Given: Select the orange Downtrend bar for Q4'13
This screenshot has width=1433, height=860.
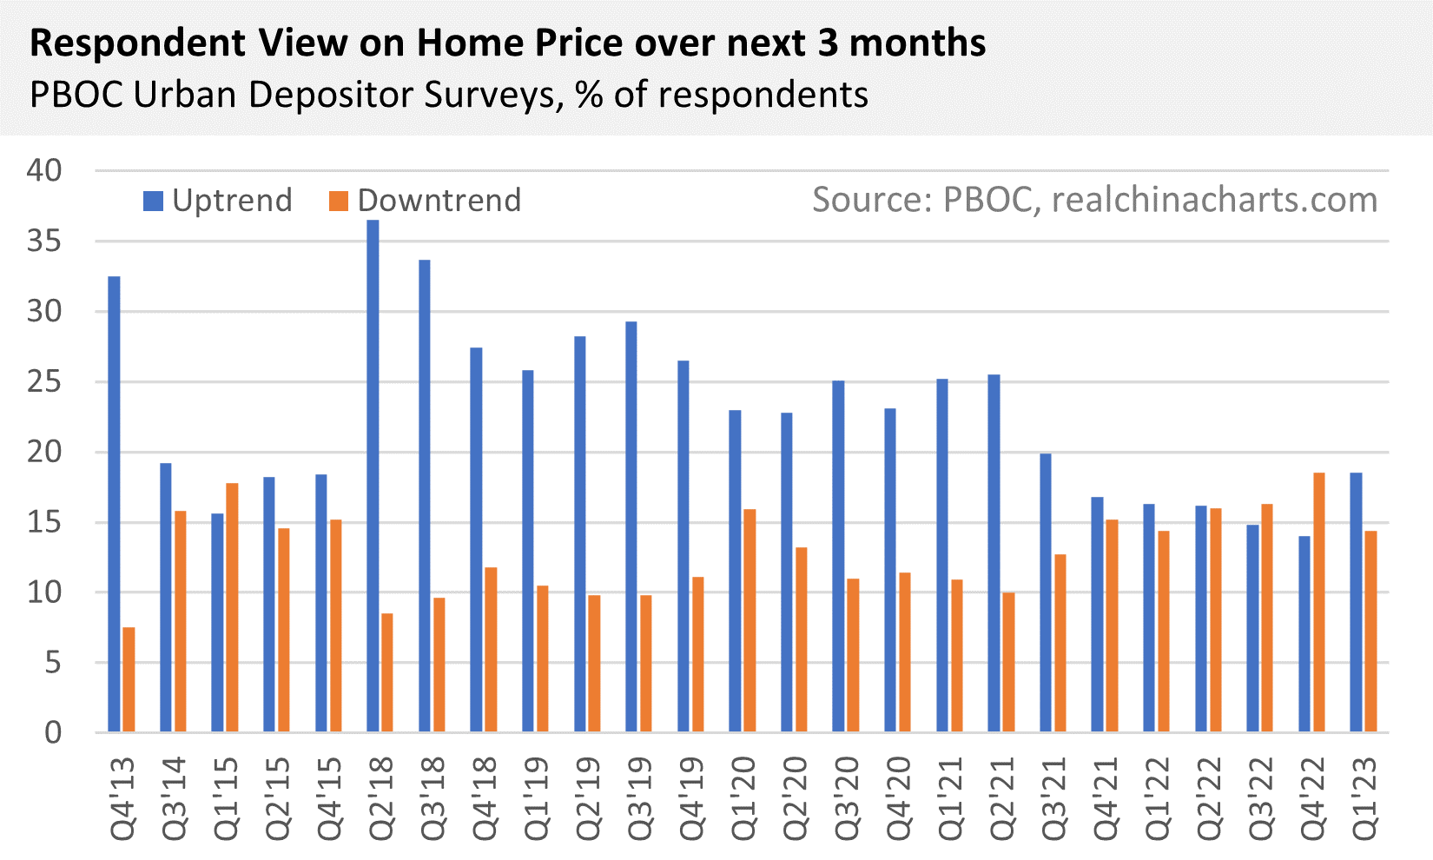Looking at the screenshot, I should pyautogui.click(x=129, y=679).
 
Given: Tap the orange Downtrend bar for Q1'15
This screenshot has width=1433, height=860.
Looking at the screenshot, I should pyautogui.click(x=232, y=607).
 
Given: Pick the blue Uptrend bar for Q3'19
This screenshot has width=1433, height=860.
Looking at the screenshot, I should pyautogui.click(x=631, y=526).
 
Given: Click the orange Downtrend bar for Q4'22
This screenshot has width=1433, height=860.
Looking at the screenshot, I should pyautogui.click(x=1319, y=602).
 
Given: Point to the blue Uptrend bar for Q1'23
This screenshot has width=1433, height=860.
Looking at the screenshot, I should pyautogui.click(x=1356, y=602).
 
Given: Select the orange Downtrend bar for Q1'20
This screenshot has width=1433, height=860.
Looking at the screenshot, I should pyautogui.click(x=750, y=620).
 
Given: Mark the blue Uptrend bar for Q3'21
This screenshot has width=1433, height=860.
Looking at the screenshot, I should pyautogui.click(x=1046, y=592).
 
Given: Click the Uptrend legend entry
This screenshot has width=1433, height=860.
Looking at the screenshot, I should pyautogui.click(x=218, y=201).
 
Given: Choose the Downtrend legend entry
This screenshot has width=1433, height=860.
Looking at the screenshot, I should pyautogui.click(x=426, y=201).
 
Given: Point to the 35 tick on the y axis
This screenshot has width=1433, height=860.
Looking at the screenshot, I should pyautogui.click(x=44, y=241).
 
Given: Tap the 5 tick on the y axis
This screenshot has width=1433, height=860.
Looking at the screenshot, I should pyautogui.click(x=53, y=663).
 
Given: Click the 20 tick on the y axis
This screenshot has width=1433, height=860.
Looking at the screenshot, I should pyautogui.click(x=44, y=452).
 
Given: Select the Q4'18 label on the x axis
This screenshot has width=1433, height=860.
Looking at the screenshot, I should pyautogui.click(x=484, y=798).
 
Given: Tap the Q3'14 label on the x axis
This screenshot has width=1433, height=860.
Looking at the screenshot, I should pyautogui.click(x=173, y=798).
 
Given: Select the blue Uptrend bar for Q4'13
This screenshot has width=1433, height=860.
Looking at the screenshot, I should pyautogui.click(x=114, y=504).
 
